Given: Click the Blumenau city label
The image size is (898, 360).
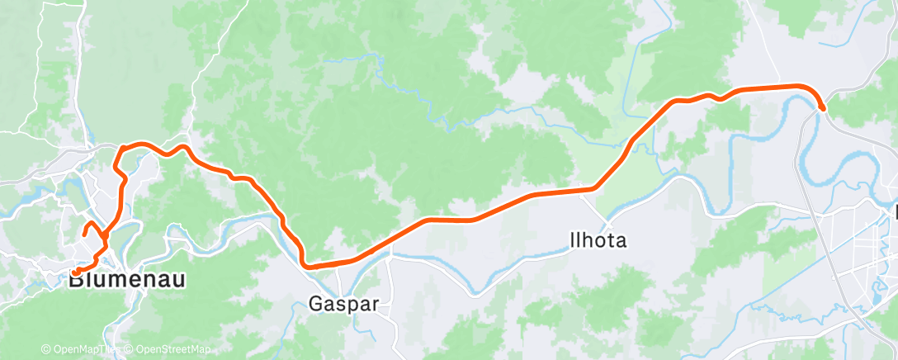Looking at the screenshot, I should (126, 280).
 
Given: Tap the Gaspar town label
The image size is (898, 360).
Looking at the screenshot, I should (343, 304).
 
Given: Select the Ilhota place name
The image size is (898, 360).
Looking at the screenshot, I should (598, 241).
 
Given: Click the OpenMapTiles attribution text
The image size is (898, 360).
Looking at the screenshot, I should (84, 350).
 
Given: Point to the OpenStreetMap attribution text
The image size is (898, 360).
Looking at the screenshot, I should (172, 350).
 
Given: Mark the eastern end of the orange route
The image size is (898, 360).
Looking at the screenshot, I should (823, 107).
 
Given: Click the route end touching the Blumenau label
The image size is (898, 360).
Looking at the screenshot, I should (73, 272).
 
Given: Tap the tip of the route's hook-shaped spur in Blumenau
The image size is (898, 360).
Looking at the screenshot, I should (84, 236).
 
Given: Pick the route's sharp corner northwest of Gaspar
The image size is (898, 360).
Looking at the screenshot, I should (306, 265).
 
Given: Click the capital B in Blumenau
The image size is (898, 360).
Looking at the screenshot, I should (76, 280).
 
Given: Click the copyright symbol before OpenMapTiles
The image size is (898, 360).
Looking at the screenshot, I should (45, 350).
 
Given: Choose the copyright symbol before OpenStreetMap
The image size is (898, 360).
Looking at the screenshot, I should (130, 350).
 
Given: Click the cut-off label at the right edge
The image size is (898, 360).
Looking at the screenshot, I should (895, 214).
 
